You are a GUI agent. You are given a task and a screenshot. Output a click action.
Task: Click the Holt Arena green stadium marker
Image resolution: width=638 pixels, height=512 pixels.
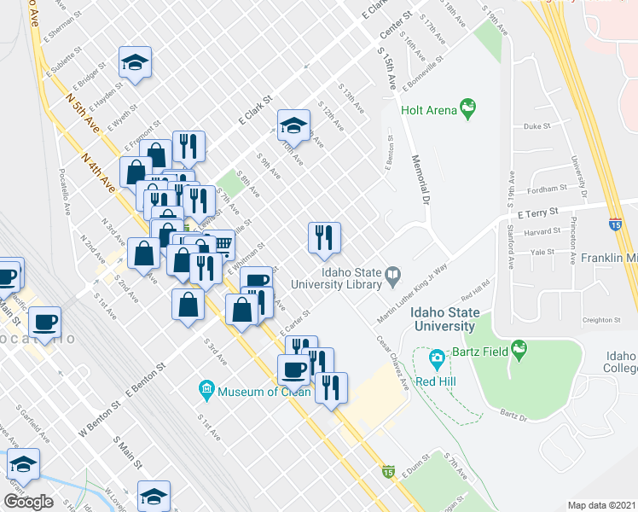point(467,108)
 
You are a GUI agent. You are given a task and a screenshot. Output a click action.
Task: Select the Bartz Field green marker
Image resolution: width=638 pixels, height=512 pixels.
point(518,349)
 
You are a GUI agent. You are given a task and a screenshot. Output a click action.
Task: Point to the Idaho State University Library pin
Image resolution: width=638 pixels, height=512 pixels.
point(392,275)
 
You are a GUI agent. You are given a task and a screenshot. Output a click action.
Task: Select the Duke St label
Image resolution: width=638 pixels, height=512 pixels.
point(537,125)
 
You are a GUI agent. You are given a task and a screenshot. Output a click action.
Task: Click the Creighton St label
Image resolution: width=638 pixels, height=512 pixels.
point(600,321)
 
